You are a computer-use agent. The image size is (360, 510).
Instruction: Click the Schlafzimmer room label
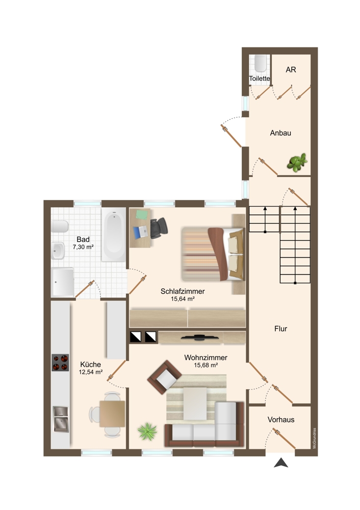pos(183,291)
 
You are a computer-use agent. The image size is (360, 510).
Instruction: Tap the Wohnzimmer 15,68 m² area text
pos(206,365)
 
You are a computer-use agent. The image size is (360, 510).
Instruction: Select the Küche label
pos(90,365)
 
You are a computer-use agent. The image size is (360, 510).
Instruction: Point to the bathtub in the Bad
pos(114,234)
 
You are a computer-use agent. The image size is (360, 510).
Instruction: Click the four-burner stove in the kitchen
pos(60,363)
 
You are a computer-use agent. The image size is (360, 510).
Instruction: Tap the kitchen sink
pos(61,419)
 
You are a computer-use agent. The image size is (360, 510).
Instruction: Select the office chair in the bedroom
pos(159,227)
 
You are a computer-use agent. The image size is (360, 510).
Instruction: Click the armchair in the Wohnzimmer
pos(165,377)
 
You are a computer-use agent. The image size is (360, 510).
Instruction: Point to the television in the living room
pos(200,338)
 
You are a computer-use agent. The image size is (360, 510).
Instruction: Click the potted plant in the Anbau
pos(297,162)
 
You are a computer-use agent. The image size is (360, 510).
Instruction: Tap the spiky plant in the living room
pos(147,431)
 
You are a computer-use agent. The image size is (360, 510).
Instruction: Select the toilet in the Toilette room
pos(261,63)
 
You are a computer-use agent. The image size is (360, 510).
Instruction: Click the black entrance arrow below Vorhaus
pos(281,463)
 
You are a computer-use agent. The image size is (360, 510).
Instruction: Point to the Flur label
pos(280,329)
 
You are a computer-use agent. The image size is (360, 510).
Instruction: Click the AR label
pos(291,69)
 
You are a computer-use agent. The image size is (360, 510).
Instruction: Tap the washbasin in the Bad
pos(58,251)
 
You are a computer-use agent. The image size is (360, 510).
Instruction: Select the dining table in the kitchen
pos(112,414)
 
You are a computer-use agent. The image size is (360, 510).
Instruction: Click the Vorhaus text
pos(281,420)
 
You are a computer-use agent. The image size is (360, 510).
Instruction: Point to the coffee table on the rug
pos(195,403)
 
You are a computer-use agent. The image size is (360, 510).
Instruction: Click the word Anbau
pos(280,133)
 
